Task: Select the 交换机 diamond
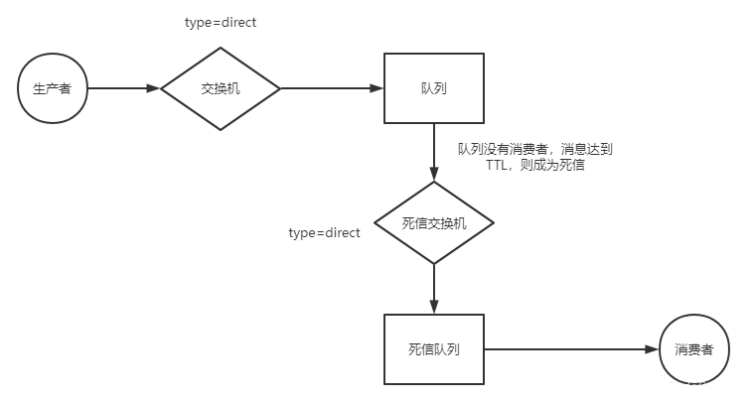pyautogui.click(x=221, y=88)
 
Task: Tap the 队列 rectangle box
pyautogui.click(x=434, y=88)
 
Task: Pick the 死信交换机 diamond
pyautogui.click(x=434, y=222)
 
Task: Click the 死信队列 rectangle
pyautogui.click(x=434, y=349)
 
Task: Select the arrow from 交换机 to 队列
pyautogui.click(x=333, y=88)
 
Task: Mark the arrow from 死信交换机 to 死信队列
pyautogui.click(x=434, y=289)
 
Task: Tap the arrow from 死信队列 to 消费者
pyautogui.click(x=571, y=349)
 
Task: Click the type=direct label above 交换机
pyautogui.click(x=221, y=22)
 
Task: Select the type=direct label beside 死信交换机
pyautogui.click(x=324, y=232)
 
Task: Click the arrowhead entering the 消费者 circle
pyautogui.click(x=653, y=349)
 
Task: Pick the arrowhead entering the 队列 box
pyautogui.click(x=377, y=88)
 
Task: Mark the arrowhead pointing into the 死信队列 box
pyautogui.click(x=434, y=308)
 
